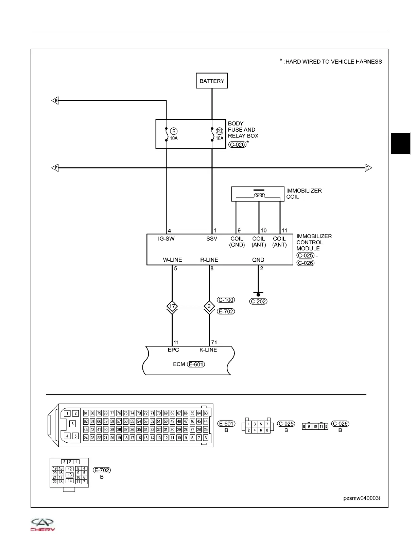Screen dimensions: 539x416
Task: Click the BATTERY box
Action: tap(212, 81)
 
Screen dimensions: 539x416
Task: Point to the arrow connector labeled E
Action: tap(55, 100)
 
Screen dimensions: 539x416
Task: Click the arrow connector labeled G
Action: tap(368, 168)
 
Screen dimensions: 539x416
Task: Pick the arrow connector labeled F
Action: tap(55, 168)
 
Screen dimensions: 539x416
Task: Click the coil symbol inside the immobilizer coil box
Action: tap(259, 196)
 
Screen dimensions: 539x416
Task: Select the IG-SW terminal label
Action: tap(166, 239)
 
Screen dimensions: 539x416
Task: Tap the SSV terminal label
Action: tap(212, 239)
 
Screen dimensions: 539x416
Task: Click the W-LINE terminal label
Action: tap(172, 260)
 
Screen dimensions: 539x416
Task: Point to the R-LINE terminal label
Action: tap(209, 260)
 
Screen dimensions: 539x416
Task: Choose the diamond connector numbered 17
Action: tap(172, 307)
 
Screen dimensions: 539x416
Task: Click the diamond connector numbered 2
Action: tap(209, 307)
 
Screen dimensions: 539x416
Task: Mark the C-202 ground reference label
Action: tap(258, 301)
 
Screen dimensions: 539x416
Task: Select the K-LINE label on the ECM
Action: tap(208, 350)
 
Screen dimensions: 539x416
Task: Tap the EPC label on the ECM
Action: tap(173, 350)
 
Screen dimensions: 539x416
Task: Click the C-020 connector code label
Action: tap(237, 144)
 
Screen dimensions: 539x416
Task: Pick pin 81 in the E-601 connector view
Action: tap(86, 413)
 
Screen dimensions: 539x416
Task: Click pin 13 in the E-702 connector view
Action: tap(69, 475)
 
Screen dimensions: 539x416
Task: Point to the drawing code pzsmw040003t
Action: tap(361, 498)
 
